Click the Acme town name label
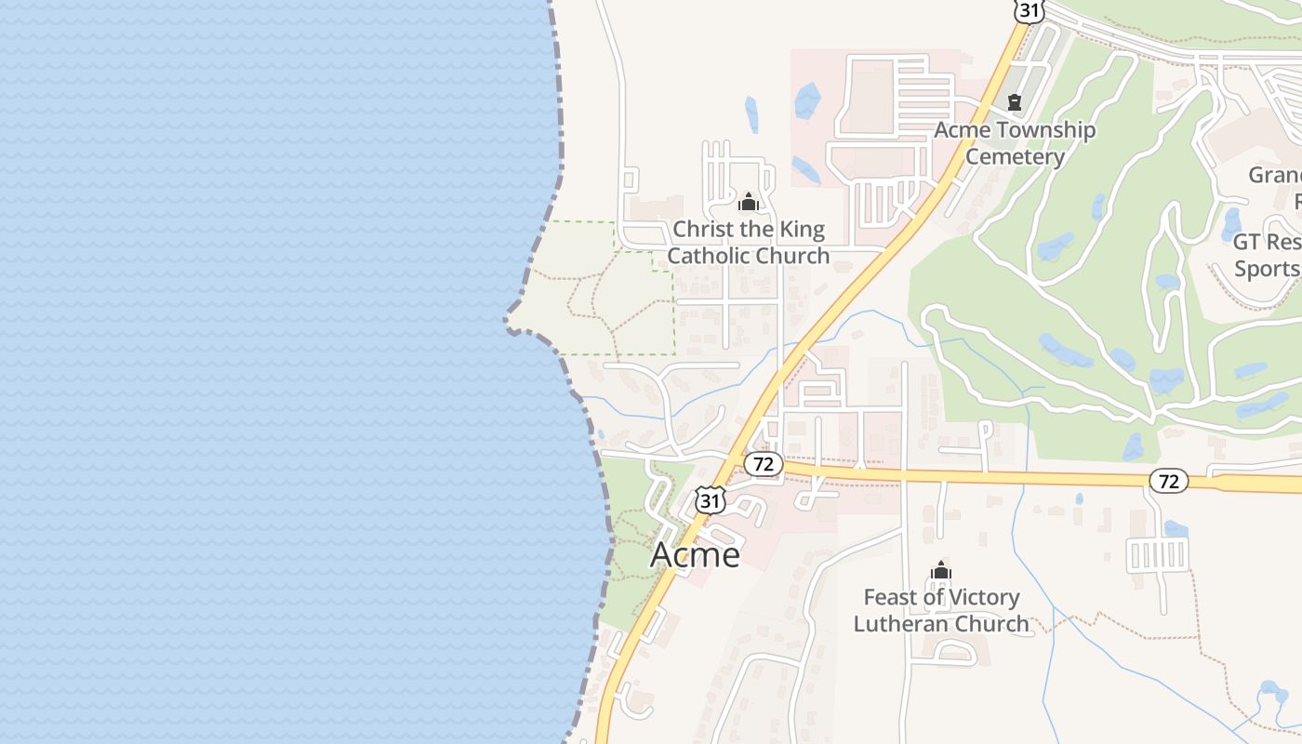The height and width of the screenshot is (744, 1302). (x=695, y=554)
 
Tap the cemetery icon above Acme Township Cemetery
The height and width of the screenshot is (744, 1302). (x=1014, y=102)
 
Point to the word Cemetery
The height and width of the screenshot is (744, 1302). (x=1015, y=156)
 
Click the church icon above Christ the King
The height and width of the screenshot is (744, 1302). (x=749, y=202)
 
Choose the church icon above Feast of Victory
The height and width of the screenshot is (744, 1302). (x=941, y=570)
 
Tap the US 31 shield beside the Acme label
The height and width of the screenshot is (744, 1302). (x=710, y=500)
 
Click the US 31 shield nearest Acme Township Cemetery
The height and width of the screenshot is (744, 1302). (x=1029, y=10)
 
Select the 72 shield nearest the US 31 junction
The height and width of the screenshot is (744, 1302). (x=764, y=464)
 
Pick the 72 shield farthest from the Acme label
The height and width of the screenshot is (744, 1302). (x=1169, y=481)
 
